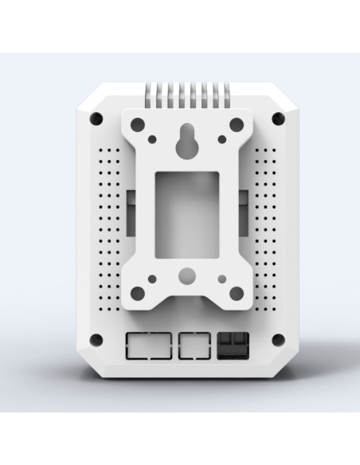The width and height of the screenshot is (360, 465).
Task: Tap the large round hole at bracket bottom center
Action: click(186, 277)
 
